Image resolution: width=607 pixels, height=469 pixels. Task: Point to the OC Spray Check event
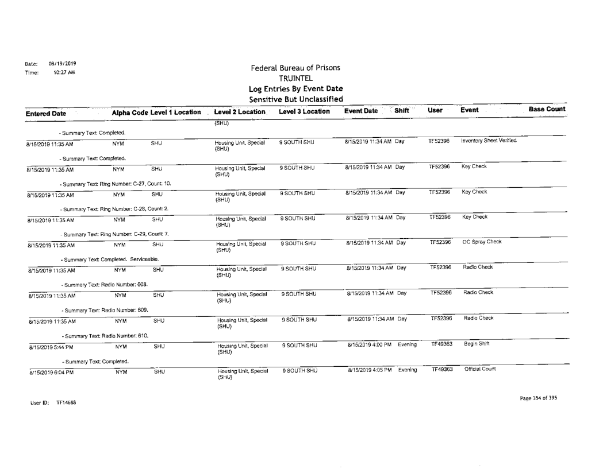[x=482, y=242]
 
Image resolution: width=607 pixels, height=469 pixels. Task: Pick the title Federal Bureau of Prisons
[x=295, y=68]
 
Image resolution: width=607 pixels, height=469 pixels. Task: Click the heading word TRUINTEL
[x=295, y=78]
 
